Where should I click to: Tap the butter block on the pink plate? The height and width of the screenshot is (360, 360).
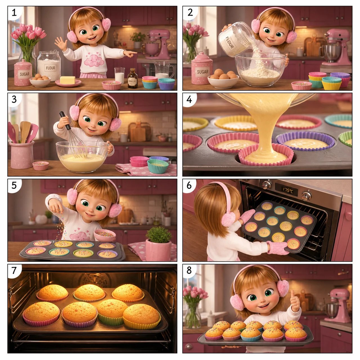(x=67, y=80)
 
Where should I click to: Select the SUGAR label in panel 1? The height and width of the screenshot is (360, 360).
(x=25, y=74)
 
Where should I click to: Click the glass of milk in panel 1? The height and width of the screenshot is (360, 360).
(x=119, y=75)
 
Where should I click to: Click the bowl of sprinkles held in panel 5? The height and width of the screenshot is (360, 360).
(x=105, y=235)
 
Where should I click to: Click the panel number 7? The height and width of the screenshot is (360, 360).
(x=14, y=270)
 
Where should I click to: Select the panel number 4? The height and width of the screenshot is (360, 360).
(x=189, y=99)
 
